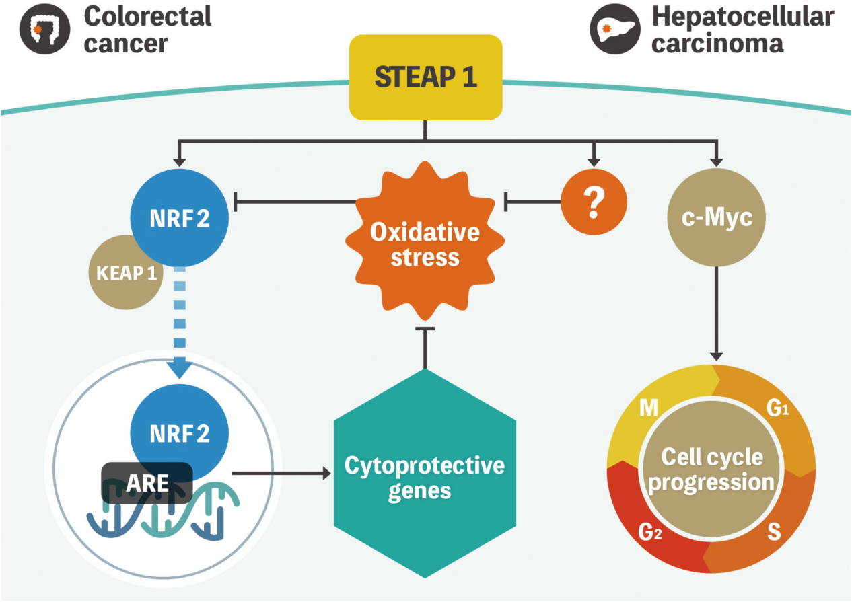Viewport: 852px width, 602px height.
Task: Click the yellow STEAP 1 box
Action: click(425, 77)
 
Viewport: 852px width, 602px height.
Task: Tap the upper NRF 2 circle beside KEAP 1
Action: click(179, 219)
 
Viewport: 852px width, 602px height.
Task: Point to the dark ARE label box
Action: click(147, 482)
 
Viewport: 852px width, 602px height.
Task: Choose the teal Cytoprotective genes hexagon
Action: click(425, 477)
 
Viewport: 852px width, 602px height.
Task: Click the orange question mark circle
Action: click(593, 202)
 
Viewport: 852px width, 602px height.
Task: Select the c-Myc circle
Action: click(716, 219)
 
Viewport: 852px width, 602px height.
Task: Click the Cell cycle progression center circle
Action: click(711, 469)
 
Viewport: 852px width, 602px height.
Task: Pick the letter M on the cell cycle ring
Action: click(648, 408)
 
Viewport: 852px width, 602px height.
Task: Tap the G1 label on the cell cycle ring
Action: click(777, 408)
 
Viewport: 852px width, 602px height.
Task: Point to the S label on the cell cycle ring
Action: click(774, 533)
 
